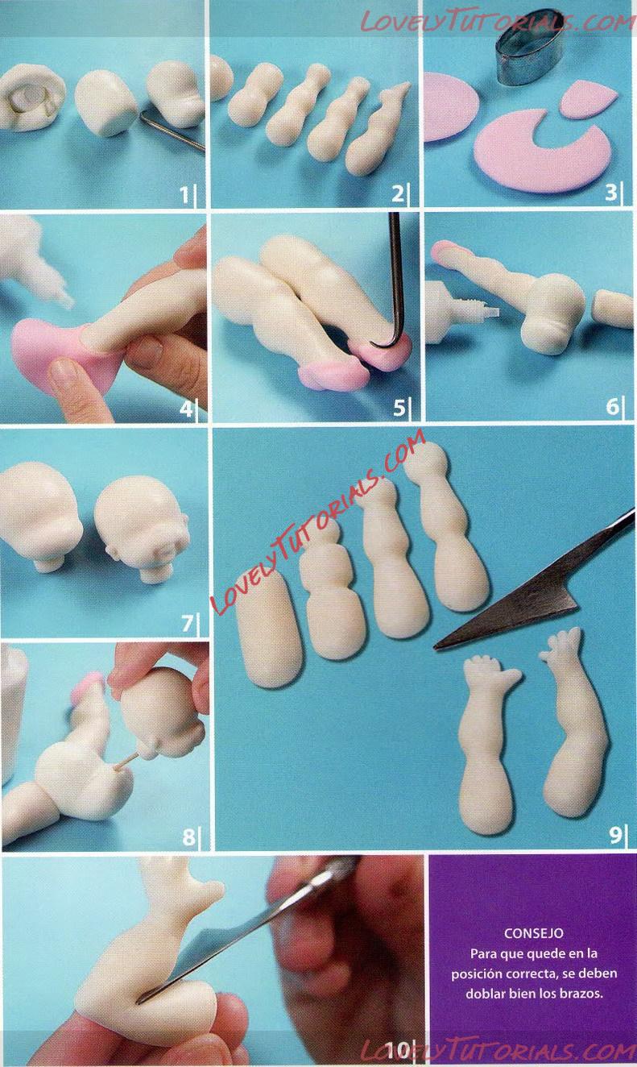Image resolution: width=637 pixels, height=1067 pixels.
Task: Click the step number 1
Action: coord(184,194)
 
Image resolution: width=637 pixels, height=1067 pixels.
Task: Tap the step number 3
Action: coord(610,193)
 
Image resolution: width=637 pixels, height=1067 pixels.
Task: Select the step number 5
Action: coord(399,407)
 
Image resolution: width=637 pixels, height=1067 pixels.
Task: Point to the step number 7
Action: coord(187,623)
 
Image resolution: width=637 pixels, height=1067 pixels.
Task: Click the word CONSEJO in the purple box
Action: coord(533,932)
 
